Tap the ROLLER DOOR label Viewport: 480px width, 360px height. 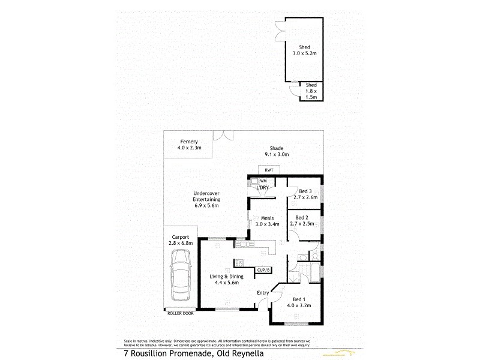(x=180, y=313)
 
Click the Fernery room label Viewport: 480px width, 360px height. (x=188, y=145)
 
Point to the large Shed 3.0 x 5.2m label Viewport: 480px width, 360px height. (x=308, y=50)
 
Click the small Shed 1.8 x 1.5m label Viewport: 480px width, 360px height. (x=311, y=91)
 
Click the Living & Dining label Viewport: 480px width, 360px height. (x=224, y=279)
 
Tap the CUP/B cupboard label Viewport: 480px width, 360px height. (x=264, y=271)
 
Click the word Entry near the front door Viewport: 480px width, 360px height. (x=263, y=293)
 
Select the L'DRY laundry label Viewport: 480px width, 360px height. (x=262, y=188)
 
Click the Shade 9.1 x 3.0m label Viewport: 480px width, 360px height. (x=276, y=151)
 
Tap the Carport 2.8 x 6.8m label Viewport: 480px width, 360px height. (x=181, y=240)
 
